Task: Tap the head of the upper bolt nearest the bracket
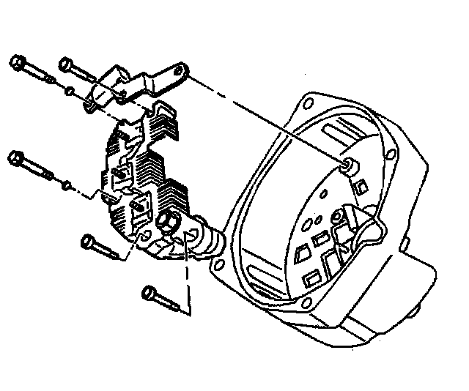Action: click(64, 62)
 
